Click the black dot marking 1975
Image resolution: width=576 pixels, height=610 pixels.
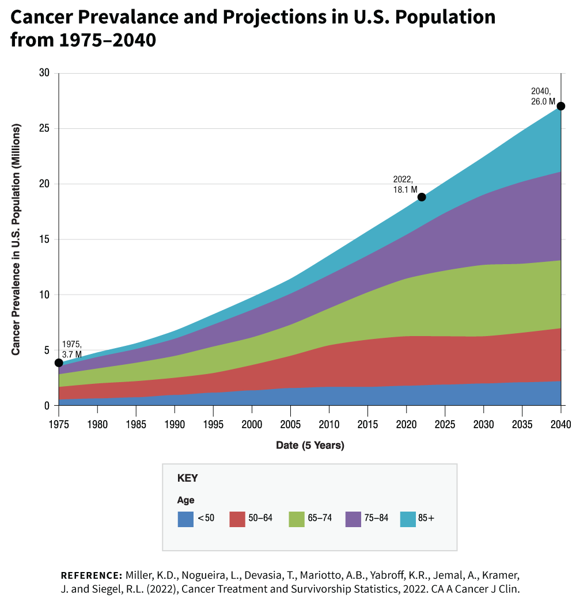point(59,363)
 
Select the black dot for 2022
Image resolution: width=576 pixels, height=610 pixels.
point(422,197)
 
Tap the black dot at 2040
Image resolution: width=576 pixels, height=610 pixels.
point(561,106)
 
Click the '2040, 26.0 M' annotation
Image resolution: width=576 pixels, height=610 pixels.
point(543,97)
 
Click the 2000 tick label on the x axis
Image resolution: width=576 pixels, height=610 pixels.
point(252,425)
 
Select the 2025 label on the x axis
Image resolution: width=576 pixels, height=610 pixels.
point(445,425)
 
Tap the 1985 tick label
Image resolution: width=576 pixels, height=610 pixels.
point(136,425)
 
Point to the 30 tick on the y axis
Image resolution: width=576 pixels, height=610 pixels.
point(44,73)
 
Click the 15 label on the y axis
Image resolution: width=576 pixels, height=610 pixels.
point(44,239)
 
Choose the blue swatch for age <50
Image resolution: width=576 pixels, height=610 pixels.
point(185,519)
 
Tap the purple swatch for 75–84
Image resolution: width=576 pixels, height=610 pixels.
point(353,519)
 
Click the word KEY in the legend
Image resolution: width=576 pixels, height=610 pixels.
point(188,478)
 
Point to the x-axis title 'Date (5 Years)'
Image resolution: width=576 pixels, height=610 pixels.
point(310,445)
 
